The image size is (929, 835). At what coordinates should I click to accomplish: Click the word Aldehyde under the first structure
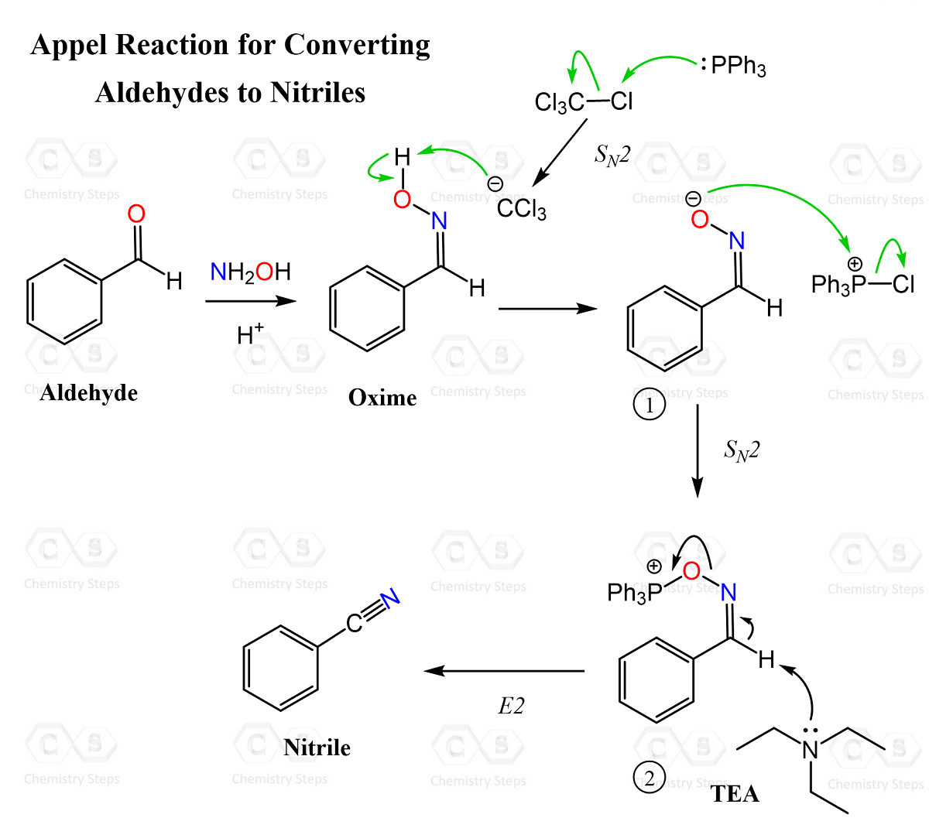[x=89, y=393]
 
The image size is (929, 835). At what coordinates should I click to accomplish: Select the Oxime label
[x=382, y=398]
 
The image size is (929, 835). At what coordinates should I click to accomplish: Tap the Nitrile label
[x=317, y=748]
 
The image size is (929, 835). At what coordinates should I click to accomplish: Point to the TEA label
[x=735, y=794]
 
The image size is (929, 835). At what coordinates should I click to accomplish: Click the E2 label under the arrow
[x=511, y=706]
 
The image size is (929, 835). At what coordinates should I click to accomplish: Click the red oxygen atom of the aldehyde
[x=136, y=214]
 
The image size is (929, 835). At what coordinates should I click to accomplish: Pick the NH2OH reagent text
[x=250, y=272]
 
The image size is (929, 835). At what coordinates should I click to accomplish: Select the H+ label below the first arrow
[x=250, y=334]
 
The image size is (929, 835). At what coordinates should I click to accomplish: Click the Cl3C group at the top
[x=559, y=103]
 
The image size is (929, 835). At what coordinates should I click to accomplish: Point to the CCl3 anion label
[x=521, y=209]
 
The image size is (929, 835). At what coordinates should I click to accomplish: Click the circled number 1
[x=649, y=405]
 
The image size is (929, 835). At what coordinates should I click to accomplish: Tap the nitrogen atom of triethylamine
[x=810, y=749]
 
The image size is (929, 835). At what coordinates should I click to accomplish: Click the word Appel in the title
[x=70, y=45]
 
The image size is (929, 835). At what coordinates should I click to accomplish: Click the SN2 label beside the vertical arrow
[x=742, y=450]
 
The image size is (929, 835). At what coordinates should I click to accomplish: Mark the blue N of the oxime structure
[x=439, y=221]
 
